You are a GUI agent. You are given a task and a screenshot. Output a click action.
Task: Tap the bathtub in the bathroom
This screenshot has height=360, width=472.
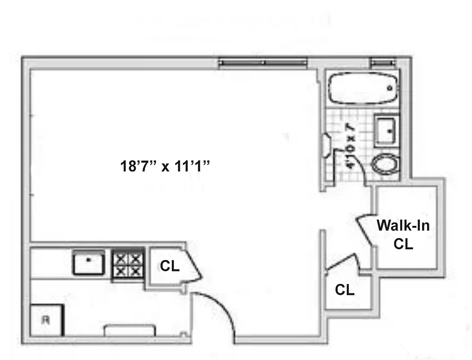[363, 89]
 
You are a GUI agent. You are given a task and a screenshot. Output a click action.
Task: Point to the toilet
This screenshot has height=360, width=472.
[386, 165]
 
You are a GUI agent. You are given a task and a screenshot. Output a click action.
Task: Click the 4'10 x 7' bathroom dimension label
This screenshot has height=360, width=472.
[350, 145]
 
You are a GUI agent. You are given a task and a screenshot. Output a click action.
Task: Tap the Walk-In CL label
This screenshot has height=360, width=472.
[403, 234]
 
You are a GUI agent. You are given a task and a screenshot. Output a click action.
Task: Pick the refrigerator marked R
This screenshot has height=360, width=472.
[47, 320]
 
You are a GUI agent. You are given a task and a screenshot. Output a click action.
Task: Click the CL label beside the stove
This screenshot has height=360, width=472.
[169, 266]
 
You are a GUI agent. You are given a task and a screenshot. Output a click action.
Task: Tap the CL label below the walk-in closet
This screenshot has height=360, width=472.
[344, 290]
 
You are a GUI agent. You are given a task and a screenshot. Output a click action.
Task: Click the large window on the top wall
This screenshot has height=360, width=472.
[263, 63]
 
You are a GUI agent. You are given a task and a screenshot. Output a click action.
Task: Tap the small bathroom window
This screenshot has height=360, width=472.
[381, 63]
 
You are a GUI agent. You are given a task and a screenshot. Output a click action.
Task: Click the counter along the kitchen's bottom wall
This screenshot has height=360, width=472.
[130, 330]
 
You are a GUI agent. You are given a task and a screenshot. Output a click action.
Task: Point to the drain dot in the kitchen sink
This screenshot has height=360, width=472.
[89, 260]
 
